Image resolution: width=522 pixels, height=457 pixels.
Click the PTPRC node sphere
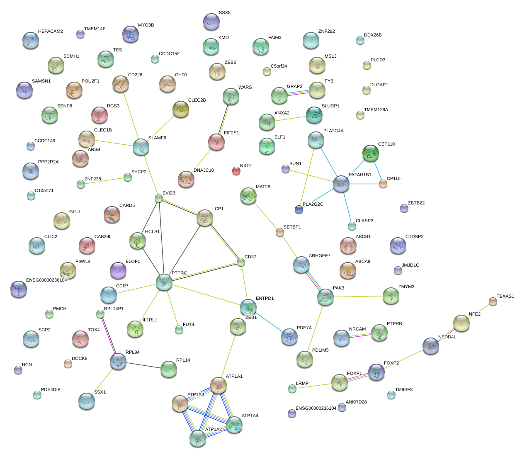click(x=164, y=282)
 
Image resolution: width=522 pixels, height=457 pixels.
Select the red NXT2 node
click(x=236, y=170)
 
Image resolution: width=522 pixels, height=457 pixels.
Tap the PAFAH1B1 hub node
click(x=341, y=184)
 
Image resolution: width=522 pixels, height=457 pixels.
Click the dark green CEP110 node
click(x=370, y=153)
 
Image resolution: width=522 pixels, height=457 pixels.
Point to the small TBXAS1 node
click(x=493, y=301)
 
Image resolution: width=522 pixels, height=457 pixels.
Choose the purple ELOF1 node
click(x=118, y=270)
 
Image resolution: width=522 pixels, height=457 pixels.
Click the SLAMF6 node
click(x=141, y=147)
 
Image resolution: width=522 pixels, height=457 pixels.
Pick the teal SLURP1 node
click(x=314, y=115)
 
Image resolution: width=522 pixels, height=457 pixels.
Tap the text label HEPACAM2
click(x=51, y=32)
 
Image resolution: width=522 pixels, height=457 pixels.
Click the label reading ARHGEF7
click(x=319, y=256)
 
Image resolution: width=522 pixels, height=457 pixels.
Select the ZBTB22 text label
click(x=416, y=203)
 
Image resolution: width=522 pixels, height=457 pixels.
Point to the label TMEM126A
click(x=376, y=110)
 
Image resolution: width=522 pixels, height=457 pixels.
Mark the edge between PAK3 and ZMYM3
click(x=358, y=297)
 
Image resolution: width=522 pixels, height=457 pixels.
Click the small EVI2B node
click(x=158, y=198)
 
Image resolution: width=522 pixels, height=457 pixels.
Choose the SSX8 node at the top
click(x=211, y=22)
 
